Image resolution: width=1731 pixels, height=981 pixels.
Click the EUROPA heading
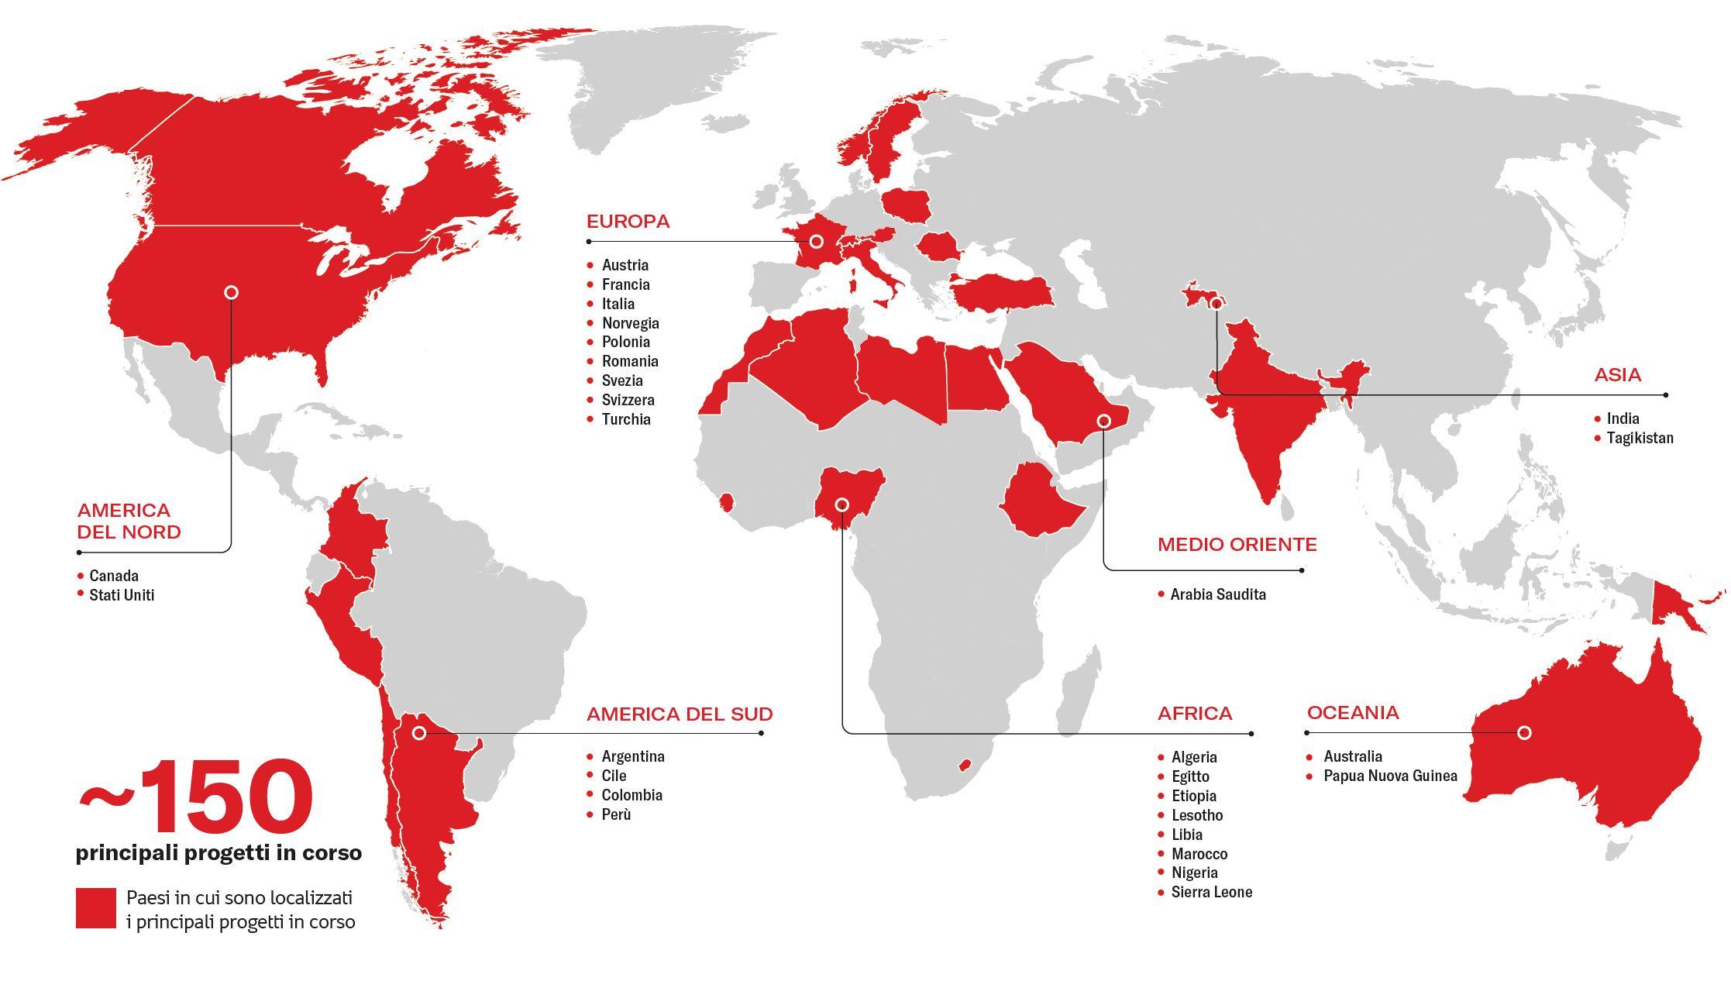click(628, 222)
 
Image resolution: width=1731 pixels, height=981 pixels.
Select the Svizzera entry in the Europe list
click(628, 400)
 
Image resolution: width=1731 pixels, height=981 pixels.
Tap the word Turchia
click(625, 419)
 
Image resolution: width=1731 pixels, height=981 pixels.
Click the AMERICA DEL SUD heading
click(679, 714)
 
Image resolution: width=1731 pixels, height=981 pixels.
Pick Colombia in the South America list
click(631, 795)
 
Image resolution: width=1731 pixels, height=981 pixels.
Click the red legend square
click(96, 908)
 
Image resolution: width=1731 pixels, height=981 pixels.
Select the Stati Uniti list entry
click(122, 595)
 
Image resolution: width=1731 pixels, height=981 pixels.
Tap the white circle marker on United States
click(231, 292)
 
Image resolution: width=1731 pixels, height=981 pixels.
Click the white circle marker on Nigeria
click(841, 505)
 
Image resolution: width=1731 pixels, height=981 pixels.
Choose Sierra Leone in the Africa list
click(1211, 892)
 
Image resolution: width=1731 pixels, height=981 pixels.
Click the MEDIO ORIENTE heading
click(1237, 545)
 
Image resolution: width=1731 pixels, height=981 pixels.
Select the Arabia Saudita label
click(1217, 594)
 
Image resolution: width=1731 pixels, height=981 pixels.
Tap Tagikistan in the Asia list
click(1640, 438)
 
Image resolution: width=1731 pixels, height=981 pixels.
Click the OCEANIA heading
click(1353, 713)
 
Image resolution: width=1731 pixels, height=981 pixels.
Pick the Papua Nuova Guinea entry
click(1389, 776)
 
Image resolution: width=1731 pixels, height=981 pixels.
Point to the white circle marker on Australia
click(1524, 732)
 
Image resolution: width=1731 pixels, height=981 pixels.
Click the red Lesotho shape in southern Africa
click(965, 765)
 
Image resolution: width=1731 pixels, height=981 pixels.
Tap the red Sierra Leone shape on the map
click(726, 502)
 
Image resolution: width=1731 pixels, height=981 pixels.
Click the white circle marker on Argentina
click(419, 732)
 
